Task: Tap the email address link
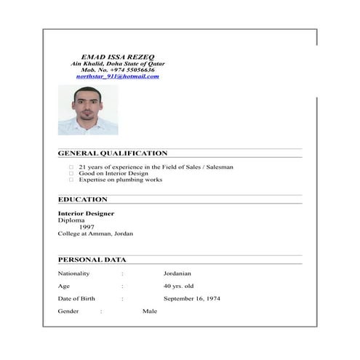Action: (118, 76)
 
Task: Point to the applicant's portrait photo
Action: (87, 110)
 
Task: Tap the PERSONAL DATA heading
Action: (92, 260)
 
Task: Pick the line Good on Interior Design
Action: (113, 174)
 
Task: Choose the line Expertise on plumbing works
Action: (120, 180)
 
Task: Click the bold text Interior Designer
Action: (86, 213)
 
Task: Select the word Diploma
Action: (71, 220)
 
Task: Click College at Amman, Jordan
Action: (95, 233)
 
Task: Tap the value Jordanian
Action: (177, 273)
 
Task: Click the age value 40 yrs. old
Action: (178, 286)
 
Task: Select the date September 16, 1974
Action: (192, 299)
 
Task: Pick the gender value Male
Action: (150, 311)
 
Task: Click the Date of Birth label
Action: (76, 299)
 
